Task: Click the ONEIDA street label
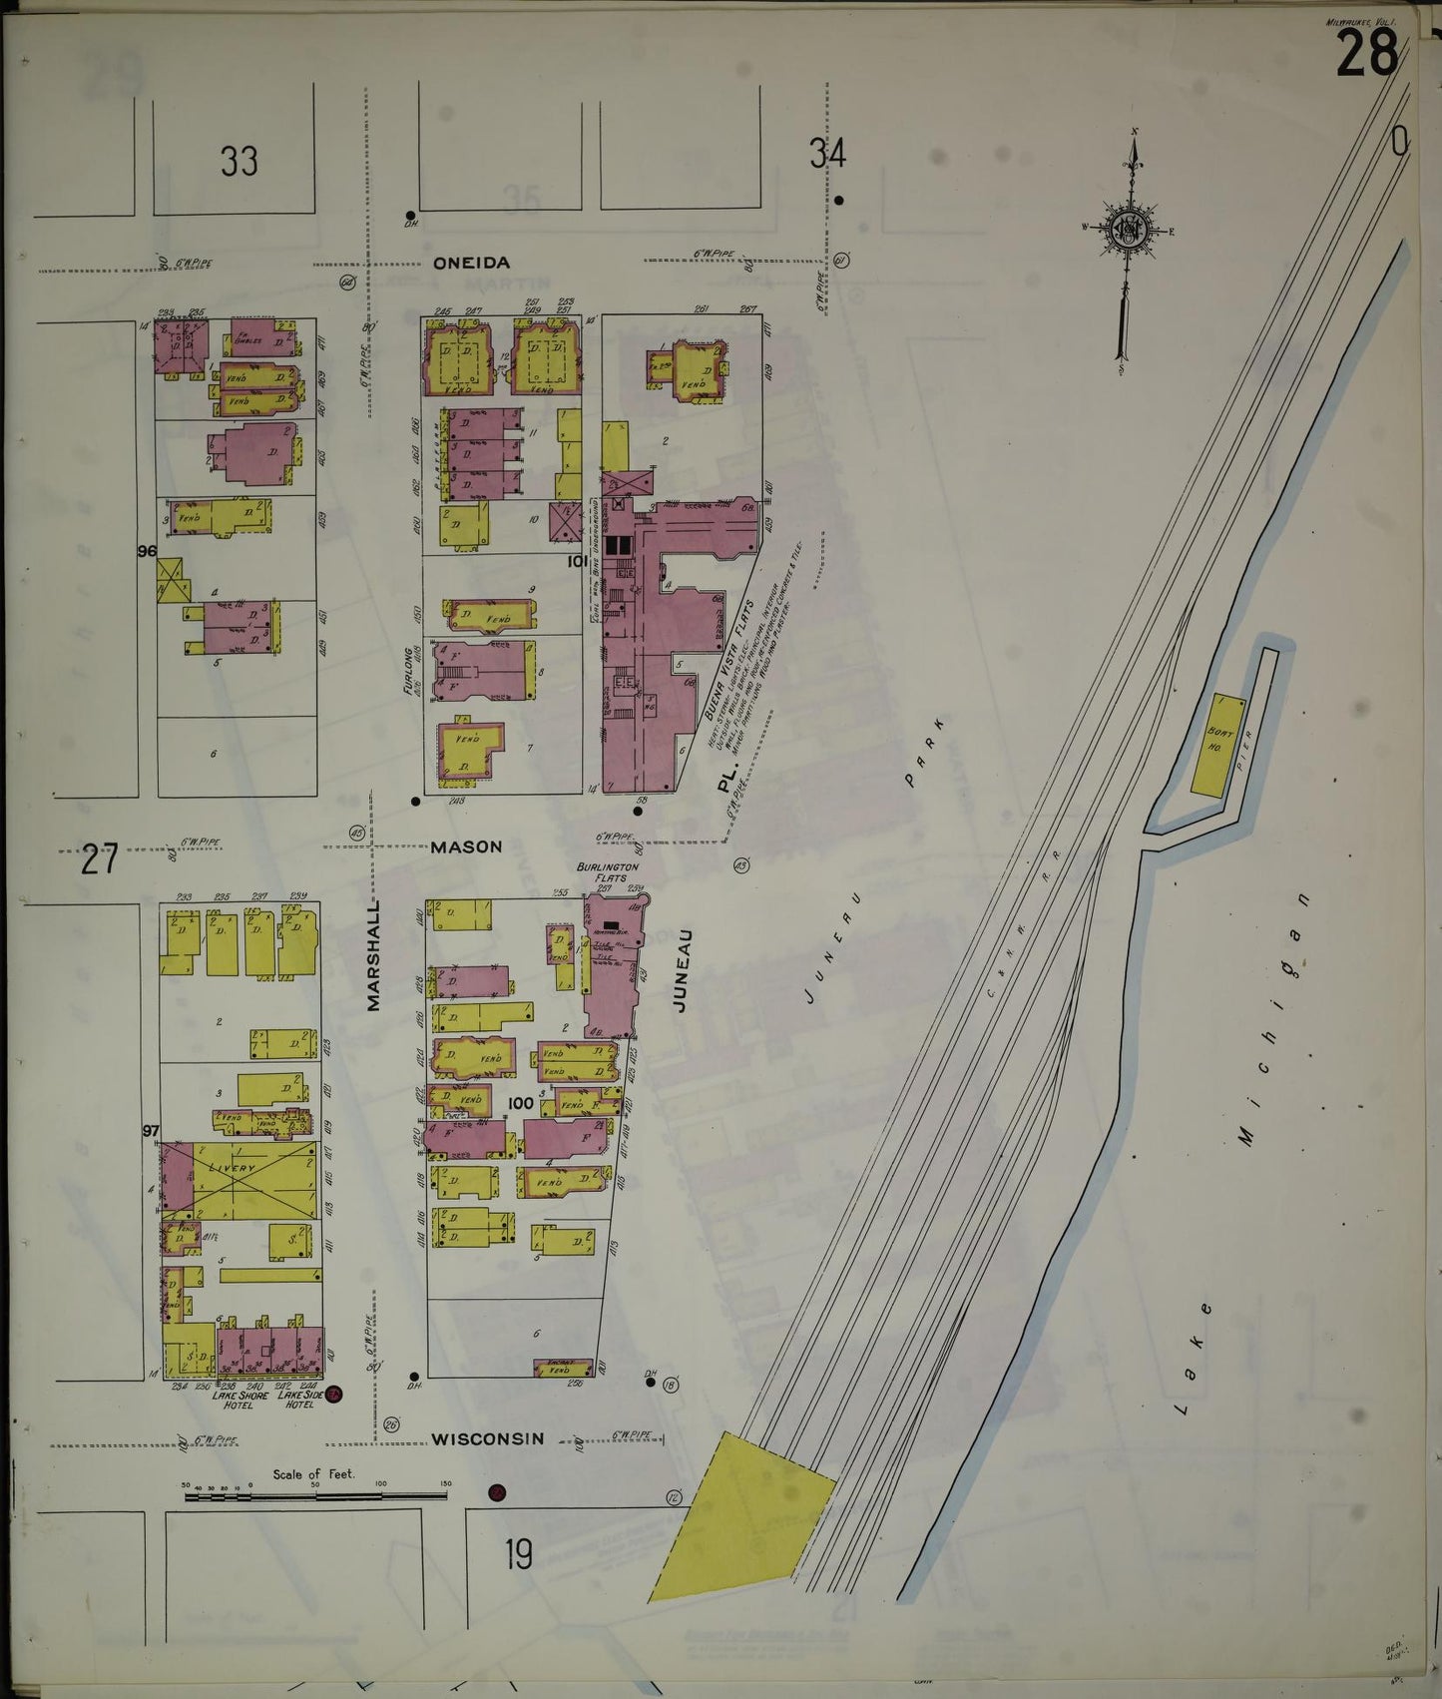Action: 471,263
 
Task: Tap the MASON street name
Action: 466,847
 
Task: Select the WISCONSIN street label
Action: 488,1438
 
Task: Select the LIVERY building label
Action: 232,1167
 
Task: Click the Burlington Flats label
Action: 607,872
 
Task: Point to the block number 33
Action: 240,160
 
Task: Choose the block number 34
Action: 827,154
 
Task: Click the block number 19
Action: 518,1554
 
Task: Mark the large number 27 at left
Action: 100,859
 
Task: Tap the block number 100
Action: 520,1103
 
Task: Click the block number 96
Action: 148,551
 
